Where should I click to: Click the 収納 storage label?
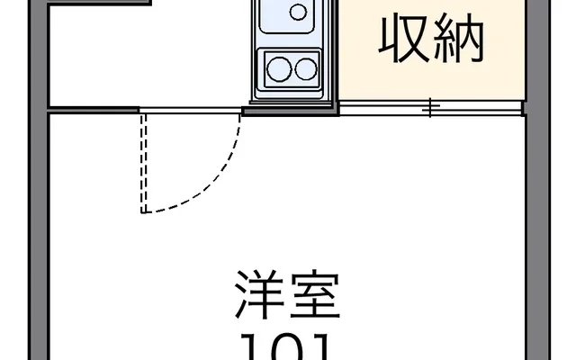click(x=432, y=38)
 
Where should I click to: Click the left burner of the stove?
click(x=278, y=67)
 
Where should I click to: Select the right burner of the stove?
click(x=306, y=67)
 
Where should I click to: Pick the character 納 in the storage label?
click(x=461, y=38)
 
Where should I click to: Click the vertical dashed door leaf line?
click(x=142, y=162)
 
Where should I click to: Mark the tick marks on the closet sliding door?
click(x=431, y=109)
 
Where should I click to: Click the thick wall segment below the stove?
click(x=291, y=109)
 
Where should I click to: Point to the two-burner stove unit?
click(x=292, y=67)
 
